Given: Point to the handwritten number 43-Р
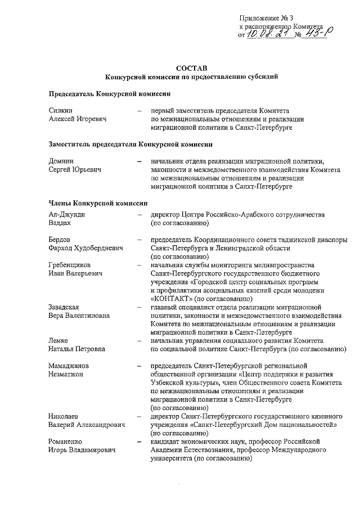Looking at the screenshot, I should point(317,34).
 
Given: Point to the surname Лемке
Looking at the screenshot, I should point(59,340).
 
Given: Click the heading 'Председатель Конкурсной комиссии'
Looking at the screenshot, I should point(109,93).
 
